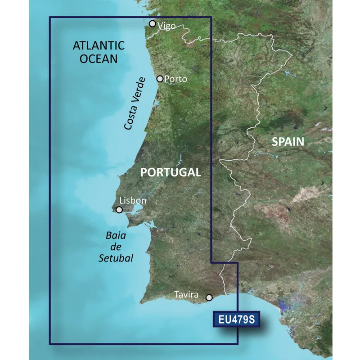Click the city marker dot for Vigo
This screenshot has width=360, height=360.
153,24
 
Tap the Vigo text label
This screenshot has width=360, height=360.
166,26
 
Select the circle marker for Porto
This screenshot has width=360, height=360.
160,79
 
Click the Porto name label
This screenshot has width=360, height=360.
175,79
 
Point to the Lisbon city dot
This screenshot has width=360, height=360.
119,210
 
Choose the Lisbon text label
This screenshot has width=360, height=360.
133,201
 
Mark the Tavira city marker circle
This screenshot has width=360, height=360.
209,297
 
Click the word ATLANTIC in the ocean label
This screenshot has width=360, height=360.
98,45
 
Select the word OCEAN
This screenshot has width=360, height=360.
98,58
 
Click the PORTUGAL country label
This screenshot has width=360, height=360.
171,172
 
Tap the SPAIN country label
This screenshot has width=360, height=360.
288,142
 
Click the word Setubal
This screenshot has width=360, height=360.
119,258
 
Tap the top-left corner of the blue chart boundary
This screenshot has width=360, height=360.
49,18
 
